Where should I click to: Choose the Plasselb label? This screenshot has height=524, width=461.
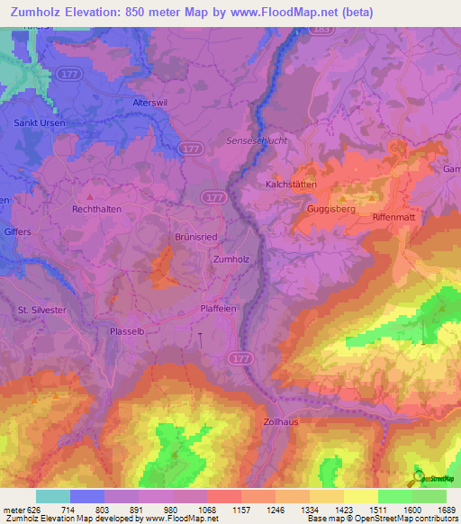click(x=127, y=330)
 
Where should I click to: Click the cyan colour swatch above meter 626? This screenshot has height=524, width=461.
click(x=52, y=496)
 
